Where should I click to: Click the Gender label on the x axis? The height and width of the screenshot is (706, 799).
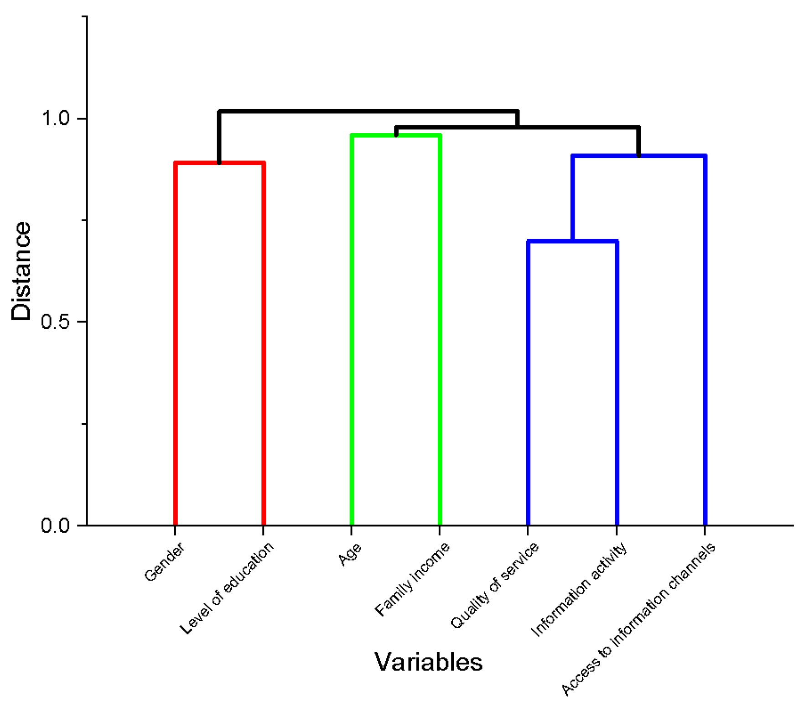coord(164,562)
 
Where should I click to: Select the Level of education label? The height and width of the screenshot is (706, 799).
coord(227,588)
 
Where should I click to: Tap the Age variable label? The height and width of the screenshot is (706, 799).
coord(350,555)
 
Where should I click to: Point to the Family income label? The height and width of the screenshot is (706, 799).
coord(412,579)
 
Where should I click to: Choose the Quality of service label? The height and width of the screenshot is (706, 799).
coord(494,586)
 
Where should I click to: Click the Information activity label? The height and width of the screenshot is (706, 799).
coord(579,589)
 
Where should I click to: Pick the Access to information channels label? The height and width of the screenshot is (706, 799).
coord(638,618)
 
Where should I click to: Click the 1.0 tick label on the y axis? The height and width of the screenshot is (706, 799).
coord(55,118)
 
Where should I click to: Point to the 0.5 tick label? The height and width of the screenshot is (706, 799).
coord(55,322)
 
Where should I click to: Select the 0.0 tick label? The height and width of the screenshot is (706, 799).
coord(55,525)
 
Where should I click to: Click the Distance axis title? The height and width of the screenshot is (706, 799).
coord(21,271)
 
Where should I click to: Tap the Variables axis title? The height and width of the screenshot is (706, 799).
coord(428,662)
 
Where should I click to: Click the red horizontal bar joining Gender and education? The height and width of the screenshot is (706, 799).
coord(219,163)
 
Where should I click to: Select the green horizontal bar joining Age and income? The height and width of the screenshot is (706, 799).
coord(396,135)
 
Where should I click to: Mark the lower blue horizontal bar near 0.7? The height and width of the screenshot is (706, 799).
coord(572,241)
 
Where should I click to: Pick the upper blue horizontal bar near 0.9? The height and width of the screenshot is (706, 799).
coord(638,156)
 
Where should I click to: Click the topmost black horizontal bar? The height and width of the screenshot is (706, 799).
coord(368,111)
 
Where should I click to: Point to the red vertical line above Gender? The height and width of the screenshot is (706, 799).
coord(176,342)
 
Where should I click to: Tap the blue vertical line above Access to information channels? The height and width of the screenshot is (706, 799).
coord(705,342)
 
